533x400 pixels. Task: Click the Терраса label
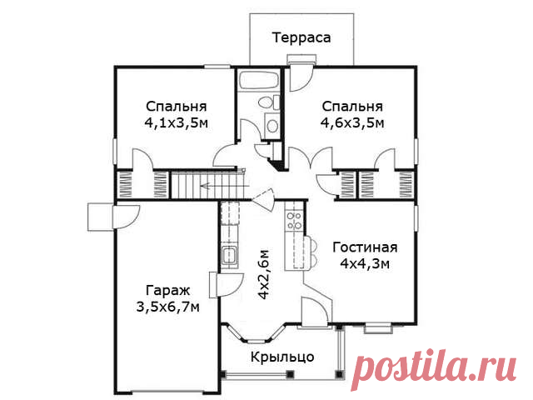click(301, 37)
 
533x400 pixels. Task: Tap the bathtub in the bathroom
click(259, 80)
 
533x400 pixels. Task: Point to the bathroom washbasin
click(272, 125)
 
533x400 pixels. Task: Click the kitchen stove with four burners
click(294, 220)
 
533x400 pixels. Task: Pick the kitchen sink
click(230, 257)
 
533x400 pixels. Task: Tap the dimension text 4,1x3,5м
click(177, 122)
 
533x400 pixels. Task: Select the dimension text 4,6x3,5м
click(352, 122)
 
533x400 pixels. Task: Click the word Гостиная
click(365, 247)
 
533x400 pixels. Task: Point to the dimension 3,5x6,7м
click(167, 307)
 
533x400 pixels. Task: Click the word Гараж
click(167, 291)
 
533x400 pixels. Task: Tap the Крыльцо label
click(282, 357)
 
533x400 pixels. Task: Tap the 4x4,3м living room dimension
click(365, 263)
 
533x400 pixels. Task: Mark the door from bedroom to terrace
click(302, 79)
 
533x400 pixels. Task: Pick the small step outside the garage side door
click(100, 217)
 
